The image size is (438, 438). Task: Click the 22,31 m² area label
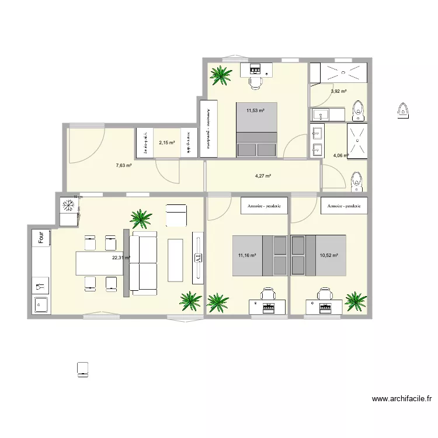pyautogui.click(x=121, y=258)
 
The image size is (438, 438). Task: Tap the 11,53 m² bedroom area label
pyautogui.click(x=255, y=110)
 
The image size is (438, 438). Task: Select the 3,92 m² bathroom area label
pyautogui.click(x=339, y=91)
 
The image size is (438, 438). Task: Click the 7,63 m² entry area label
pyautogui.click(x=123, y=165)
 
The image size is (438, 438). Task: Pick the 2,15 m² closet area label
pyautogui.click(x=166, y=142)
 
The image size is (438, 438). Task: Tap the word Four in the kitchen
pyautogui.click(x=41, y=238)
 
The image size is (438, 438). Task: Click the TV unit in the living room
pyautogui.click(x=198, y=258)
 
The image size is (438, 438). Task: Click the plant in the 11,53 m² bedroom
pyautogui.click(x=221, y=74)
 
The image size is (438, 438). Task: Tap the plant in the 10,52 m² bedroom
pyautogui.click(x=354, y=300)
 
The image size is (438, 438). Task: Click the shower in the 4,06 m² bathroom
pyautogui.click(x=357, y=140)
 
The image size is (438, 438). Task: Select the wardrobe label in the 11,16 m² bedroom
pyautogui.click(x=264, y=206)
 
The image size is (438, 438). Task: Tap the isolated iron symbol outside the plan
pyautogui.click(x=402, y=109)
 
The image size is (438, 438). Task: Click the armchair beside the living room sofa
pyautogui.click(x=176, y=215)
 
